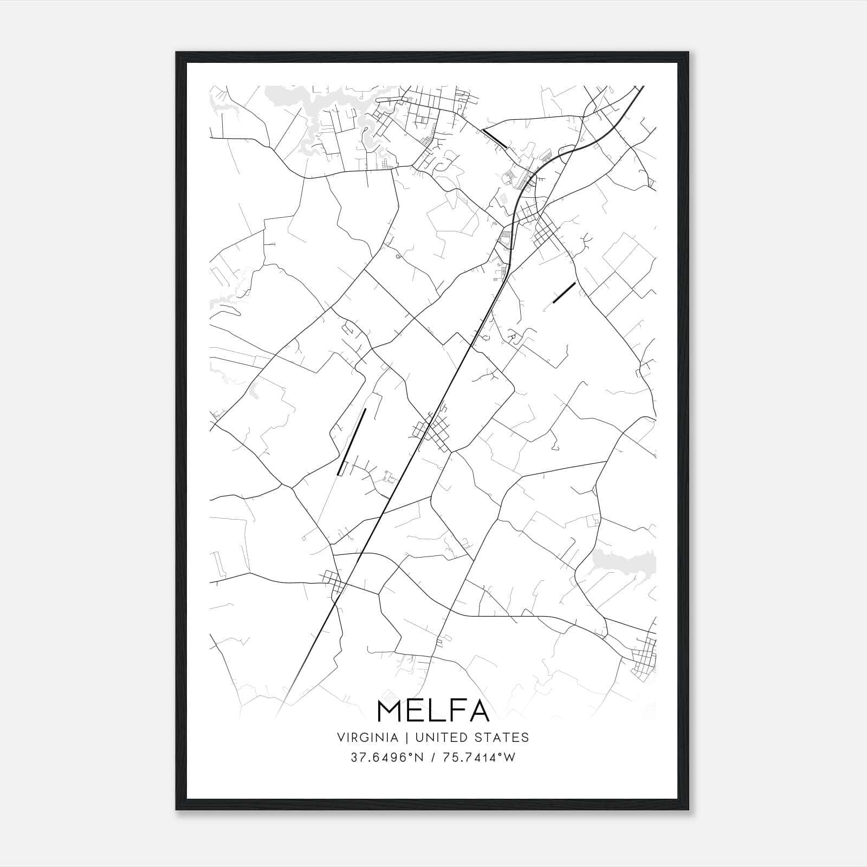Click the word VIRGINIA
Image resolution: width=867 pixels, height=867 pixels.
(x=368, y=737)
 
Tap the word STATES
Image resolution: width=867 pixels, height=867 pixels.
(x=502, y=737)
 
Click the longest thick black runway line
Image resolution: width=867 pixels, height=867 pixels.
(x=352, y=442)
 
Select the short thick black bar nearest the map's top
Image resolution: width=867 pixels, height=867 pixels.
(x=494, y=138)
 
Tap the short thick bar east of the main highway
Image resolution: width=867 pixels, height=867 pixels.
(x=564, y=293)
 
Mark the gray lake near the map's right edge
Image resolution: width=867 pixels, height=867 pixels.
(x=623, y=562)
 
